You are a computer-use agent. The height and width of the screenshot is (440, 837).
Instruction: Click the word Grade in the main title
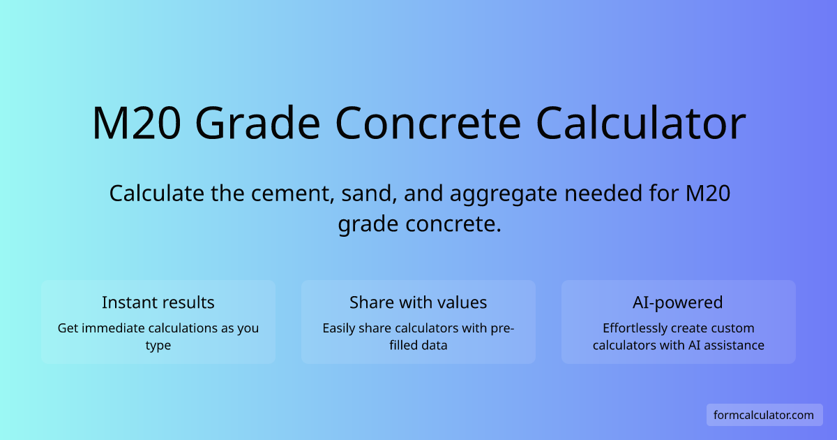coord(258,123)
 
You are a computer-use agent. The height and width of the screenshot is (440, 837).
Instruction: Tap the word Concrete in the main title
coord(428,123)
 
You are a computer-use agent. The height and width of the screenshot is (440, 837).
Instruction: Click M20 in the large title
coord(137,123)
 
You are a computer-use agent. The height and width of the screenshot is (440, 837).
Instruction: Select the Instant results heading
coord(158,302)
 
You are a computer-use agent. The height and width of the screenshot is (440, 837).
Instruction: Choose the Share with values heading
coord(418,302)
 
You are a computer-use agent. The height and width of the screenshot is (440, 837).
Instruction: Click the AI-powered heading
coord(678,302)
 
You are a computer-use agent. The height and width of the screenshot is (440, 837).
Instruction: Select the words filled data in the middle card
coord(418,345)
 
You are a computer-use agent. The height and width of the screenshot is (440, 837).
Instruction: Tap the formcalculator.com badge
coord(764,415)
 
